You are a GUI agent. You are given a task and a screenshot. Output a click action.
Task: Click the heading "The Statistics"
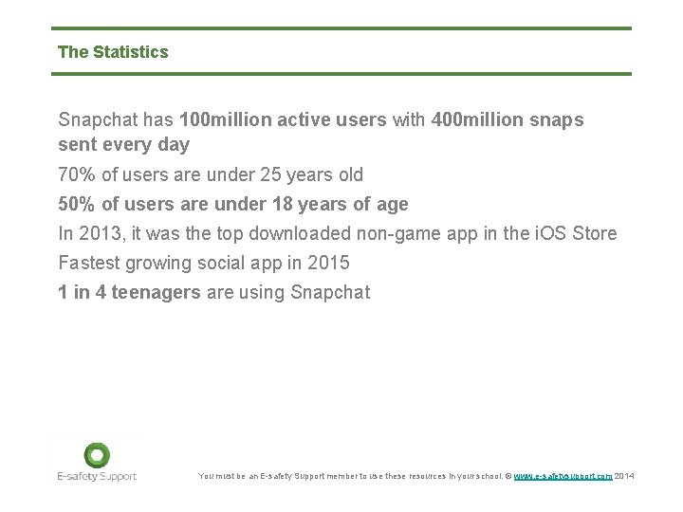pos(113,52)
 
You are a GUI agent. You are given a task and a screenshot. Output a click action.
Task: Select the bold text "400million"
pos(471,120)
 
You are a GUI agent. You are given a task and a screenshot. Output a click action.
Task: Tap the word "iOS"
pos(549,233)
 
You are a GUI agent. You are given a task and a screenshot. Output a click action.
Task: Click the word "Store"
pos(595,233)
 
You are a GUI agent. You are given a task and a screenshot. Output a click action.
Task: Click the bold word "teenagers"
pos(156,292)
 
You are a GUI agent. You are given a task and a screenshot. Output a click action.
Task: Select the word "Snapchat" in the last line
pos(330,292)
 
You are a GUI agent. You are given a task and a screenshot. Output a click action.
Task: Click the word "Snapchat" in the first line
pos(99,120)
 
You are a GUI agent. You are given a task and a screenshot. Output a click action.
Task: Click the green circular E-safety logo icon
pos(97,455)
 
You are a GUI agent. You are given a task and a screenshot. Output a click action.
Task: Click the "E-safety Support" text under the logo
pos(97,476)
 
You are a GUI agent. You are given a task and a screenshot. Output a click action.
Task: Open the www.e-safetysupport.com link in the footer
pos(563,476)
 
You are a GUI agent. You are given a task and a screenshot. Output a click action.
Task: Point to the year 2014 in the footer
pos(625,476)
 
